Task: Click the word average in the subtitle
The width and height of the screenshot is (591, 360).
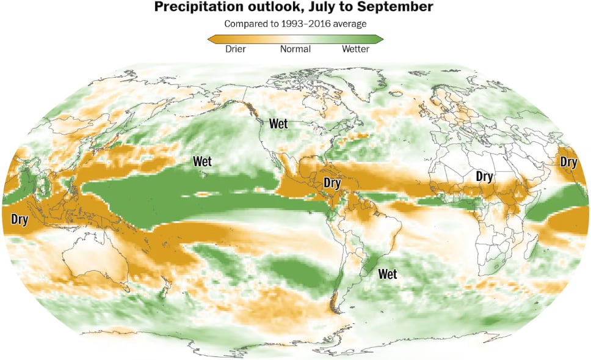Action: pyautogui.click(x=348, y=24)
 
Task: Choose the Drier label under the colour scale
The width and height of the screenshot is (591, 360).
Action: pyautogui.click(x=236, y=49)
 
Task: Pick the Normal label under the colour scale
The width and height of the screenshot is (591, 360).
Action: pyautogui.click(x=295, y=49)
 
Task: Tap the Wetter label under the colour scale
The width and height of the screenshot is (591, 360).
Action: pyautogui.click(x=355, y=49)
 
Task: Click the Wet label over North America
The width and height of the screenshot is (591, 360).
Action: pyautogui.click(x=278, y=124)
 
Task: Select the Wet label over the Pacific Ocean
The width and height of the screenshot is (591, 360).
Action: pyautogui.click(x=202, y=162)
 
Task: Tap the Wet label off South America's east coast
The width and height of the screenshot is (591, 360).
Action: pyautogui.click(x=387, y=274)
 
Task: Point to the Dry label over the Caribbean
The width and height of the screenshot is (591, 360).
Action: pyautogui.click(x=332, y=183)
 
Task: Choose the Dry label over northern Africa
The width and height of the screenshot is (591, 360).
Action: pyautogui.click(x=484, y=177)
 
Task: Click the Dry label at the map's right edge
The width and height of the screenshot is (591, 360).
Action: pyautogui.click(x=568, y=163)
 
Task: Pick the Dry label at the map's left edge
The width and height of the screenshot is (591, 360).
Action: pyautogui.click(x=20, y=219)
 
